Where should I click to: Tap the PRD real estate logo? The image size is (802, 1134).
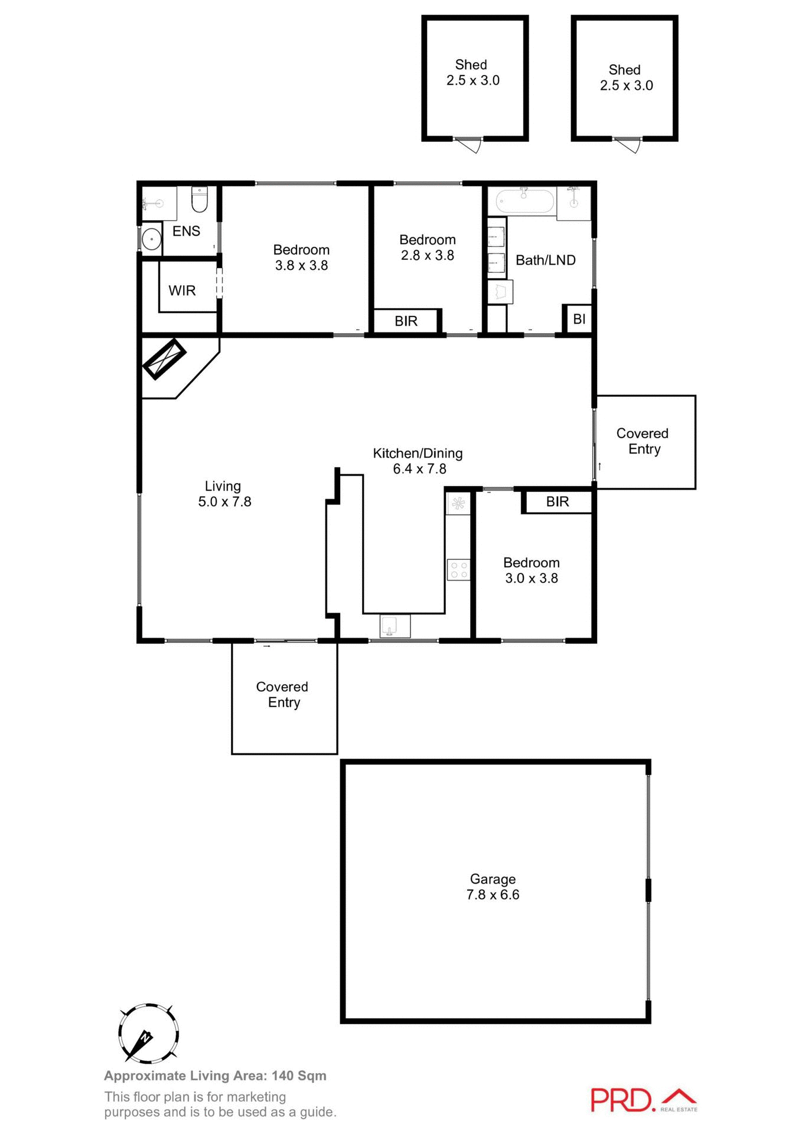(643, 1100)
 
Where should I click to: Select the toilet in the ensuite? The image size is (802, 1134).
(200, 199)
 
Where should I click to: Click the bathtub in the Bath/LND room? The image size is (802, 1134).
(524, 201)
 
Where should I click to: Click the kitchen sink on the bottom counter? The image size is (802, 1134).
(395, 626)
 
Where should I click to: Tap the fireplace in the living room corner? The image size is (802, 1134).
(164, 359)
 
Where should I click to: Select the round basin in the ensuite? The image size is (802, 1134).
(152, 240)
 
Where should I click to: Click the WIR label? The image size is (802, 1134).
(182, 291)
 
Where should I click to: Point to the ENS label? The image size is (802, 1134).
(186, 232)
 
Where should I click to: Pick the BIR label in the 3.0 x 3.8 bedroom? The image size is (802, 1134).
(557, 502)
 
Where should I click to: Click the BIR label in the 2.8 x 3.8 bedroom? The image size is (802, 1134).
(406, 321)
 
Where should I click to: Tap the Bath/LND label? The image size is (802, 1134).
(545, 260)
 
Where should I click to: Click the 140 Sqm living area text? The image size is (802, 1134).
(299, 1076)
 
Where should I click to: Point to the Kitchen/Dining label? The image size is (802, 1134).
(418, 454)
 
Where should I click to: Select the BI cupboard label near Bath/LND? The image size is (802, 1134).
(579, 319)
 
